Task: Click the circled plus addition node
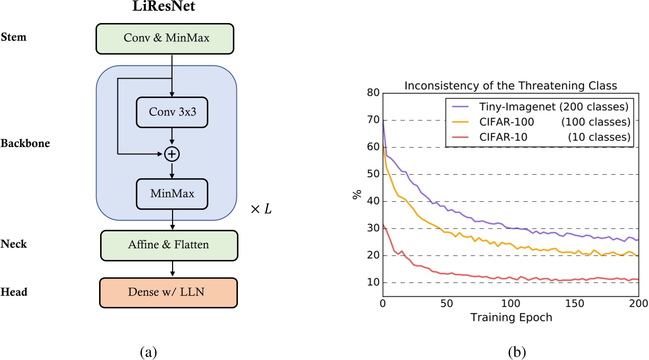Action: click(x=172, y=153)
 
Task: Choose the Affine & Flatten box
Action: click(x=169, y=245)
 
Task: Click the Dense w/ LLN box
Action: click(x=169, y=293)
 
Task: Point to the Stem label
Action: click(x=14, y=37)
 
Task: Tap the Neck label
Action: click(x=14, y=244)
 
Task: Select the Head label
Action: click(x=14, y=292)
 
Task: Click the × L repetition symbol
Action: click(x=259, y=209)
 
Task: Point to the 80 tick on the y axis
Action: click(x=373, y=93)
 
